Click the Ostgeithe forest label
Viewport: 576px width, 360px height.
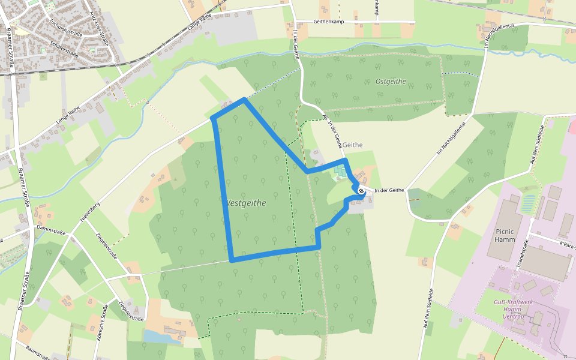pos(391,81)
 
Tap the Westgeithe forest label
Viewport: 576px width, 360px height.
pos(245,203)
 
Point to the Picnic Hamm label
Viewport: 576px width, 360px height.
pos(505,235)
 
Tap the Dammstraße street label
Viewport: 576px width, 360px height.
pos(50,229)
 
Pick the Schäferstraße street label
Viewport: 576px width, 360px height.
pos(67,45)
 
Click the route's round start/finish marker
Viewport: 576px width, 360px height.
pos(361,191)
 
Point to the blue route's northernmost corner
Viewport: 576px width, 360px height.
pos(244,100)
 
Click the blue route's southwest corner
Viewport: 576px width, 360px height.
pos(232,260)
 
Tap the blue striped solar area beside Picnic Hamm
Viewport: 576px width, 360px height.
pos(528,203)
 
